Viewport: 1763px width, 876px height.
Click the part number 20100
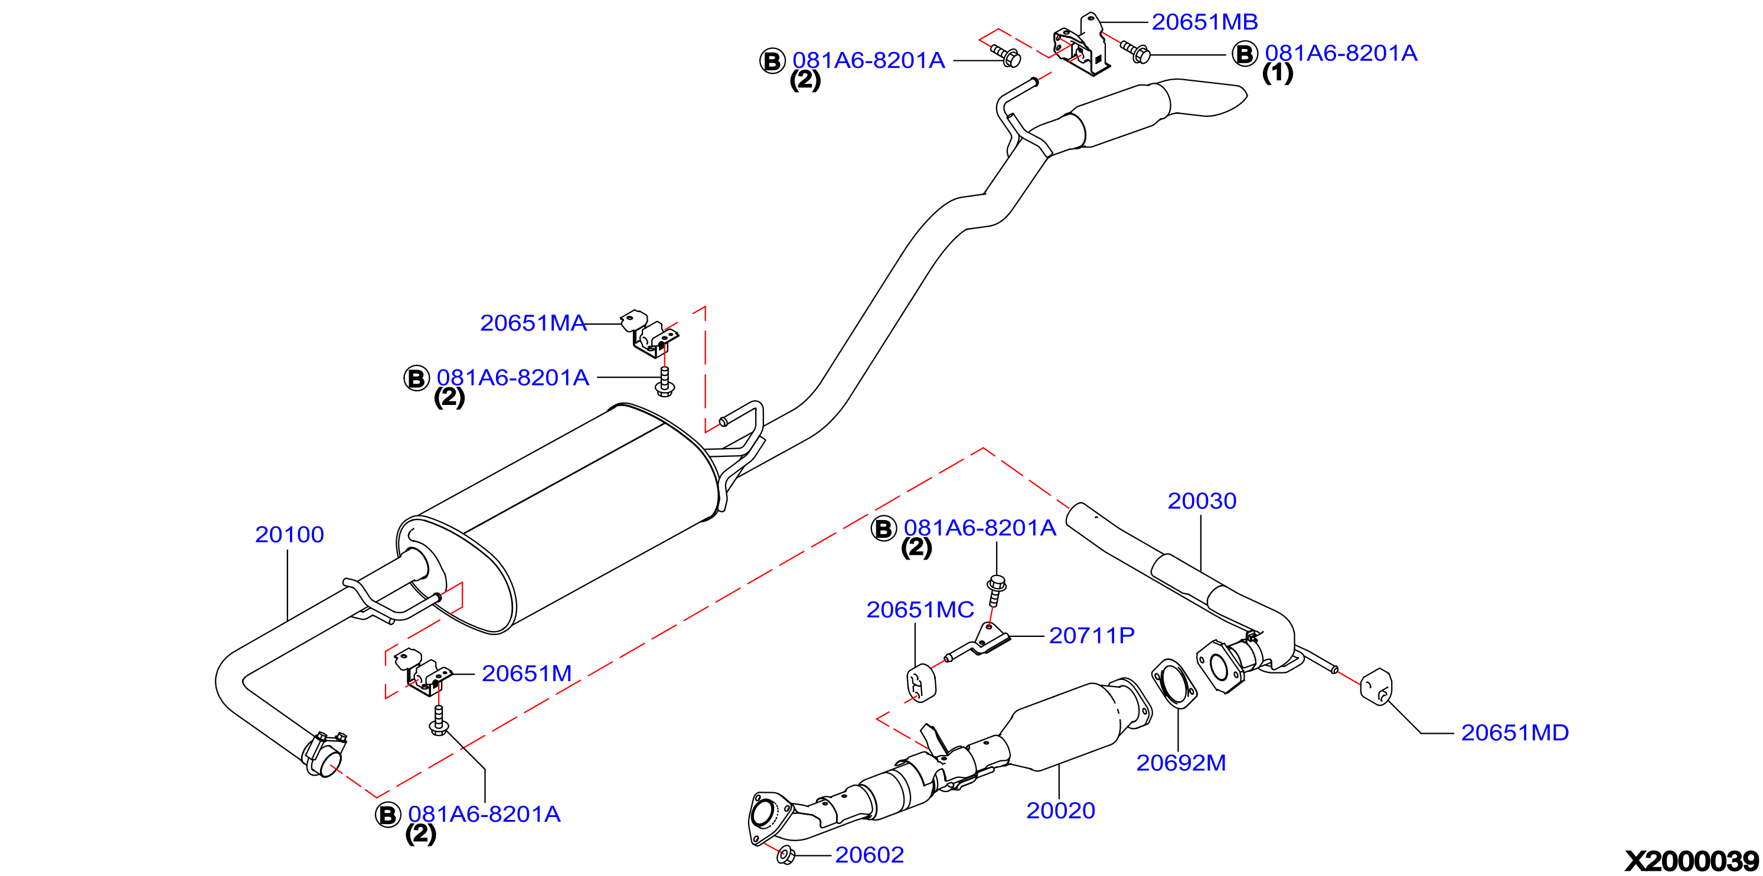tap(289, 534)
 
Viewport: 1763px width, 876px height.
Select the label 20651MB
tap(1204, 22)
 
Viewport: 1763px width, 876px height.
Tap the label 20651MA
tap(533, 323)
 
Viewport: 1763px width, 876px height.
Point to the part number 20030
tap(1202, 501)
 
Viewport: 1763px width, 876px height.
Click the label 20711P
tap(1092, 636)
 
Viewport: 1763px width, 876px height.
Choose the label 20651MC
tap(920, 610)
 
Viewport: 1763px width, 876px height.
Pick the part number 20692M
tap(1181, 763)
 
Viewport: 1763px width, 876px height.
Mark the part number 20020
tap(1061, 811)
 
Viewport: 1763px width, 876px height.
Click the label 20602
tap(869, 855)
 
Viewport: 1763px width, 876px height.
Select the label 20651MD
tap(1514, 733)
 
